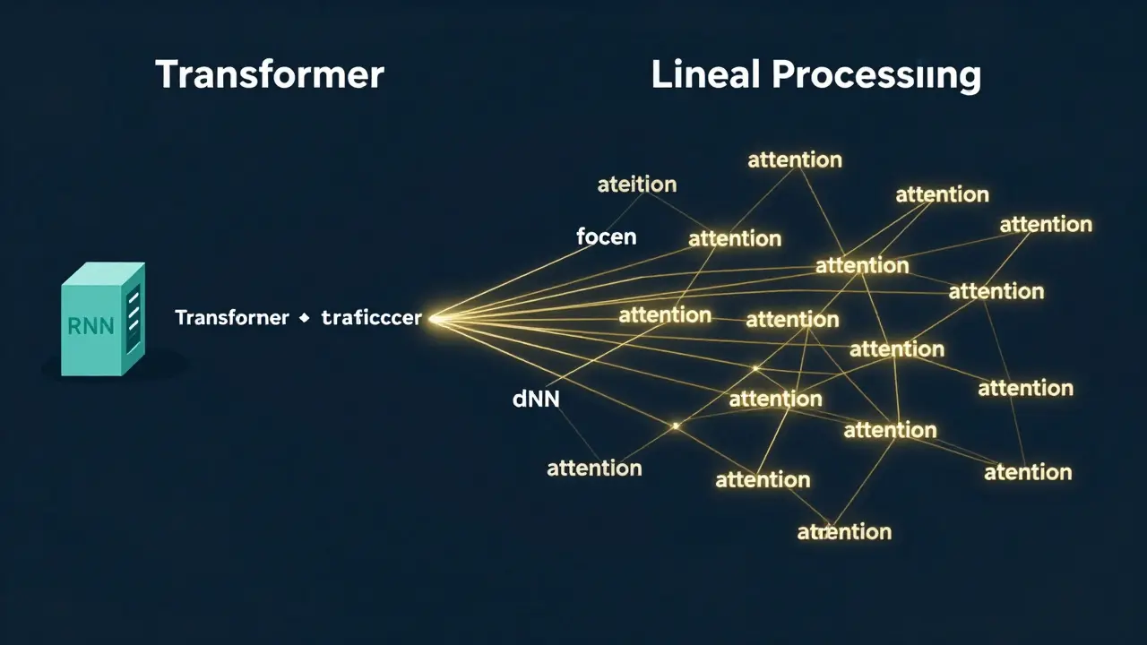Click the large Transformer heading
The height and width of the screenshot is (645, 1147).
[270, 74]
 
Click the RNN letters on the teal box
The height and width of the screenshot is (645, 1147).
[91, 325]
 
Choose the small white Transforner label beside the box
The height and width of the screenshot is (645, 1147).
[232, 318]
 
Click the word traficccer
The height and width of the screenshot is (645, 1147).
[371, 318]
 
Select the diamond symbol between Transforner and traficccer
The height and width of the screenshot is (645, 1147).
[304, 318]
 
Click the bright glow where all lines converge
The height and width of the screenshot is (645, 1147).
[436, 317]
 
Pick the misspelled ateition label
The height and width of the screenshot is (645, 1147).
[636, 185]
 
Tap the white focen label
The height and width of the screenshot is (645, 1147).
[607, 237]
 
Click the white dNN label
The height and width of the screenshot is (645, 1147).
[536, 400]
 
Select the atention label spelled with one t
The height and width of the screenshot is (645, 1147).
[1028, 472]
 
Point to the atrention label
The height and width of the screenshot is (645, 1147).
[844, 532]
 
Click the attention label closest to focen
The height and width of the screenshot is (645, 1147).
[735, 239]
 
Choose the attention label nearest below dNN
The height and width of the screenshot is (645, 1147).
[594, 468]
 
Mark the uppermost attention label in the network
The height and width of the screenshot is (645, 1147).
[795, 160]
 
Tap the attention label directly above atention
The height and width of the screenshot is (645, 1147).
[1025, 388]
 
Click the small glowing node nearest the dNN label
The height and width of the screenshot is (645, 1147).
[676, 426]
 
